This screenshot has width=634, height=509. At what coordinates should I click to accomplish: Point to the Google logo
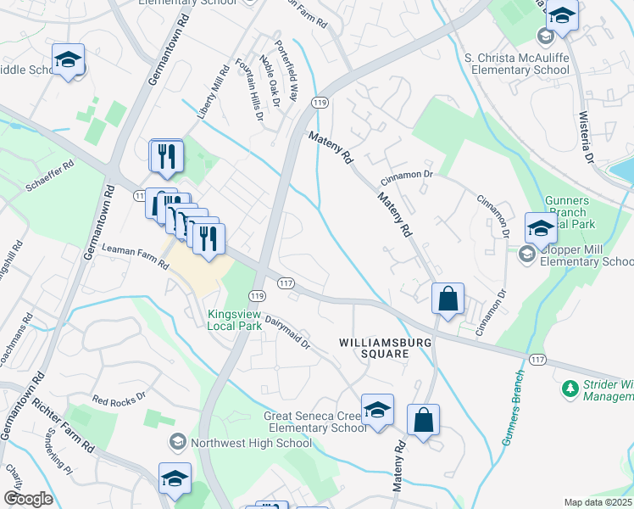tap(28, 499)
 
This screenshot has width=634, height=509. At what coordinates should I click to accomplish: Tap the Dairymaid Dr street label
tap(288, 333)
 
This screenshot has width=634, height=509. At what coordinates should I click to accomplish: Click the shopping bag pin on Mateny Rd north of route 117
tap(448, 299)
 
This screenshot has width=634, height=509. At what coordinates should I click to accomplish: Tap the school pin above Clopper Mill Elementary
tap(542, 228)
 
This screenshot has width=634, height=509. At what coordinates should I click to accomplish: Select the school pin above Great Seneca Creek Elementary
tap(378, 410)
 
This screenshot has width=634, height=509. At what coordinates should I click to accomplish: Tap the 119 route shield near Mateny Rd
tap(320, 103)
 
